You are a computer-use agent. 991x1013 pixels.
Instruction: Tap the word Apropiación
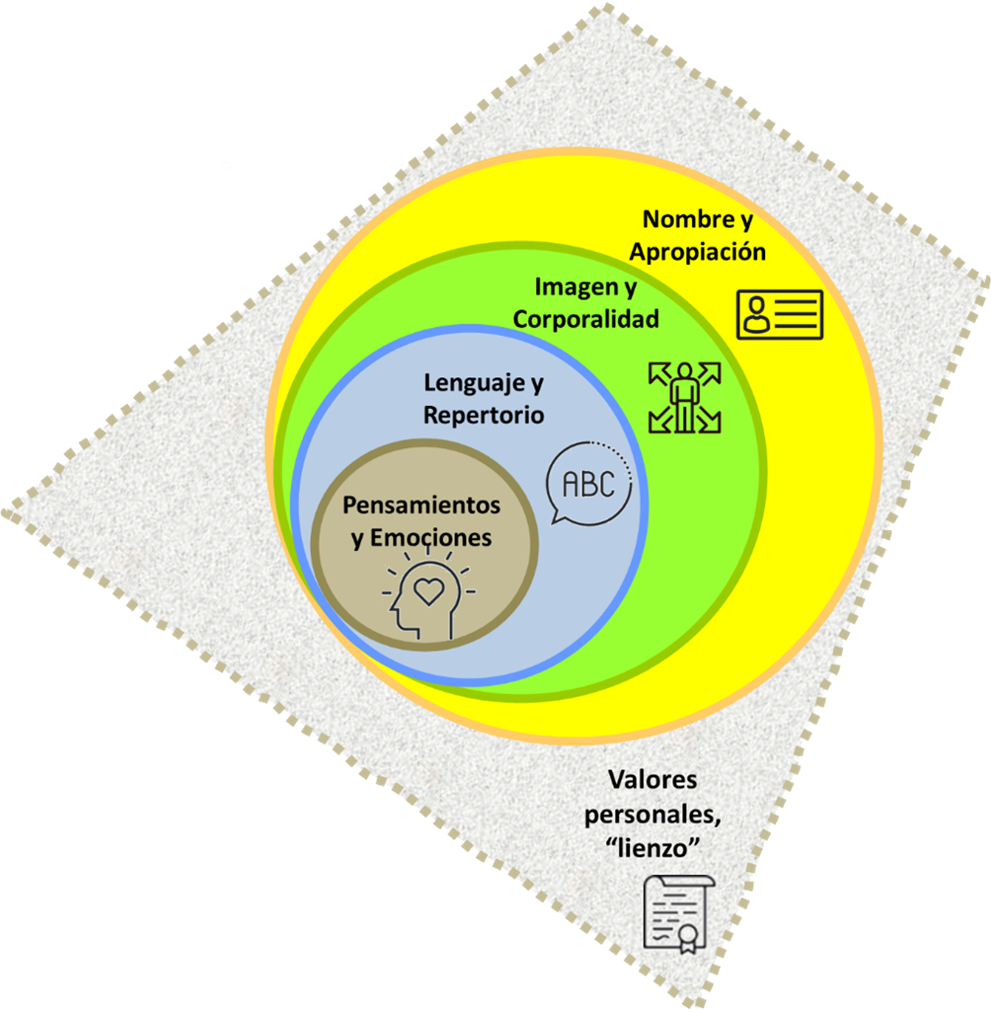click(698, 251)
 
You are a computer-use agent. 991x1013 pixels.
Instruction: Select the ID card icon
click(779, 315)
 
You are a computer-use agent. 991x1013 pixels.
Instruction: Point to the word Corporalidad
click(586, 320)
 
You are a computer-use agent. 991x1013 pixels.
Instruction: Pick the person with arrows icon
click(684, 398)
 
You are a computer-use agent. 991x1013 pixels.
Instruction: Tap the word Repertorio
click(484, 415)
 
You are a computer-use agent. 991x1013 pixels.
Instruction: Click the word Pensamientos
click(421, 506)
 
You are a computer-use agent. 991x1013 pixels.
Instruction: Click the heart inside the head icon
click(429, 590)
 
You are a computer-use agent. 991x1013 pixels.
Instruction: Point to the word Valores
click(652, 780)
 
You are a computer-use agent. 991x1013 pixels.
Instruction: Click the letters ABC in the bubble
click(587, 484)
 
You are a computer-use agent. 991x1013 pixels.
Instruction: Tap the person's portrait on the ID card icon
click(758, 315)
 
